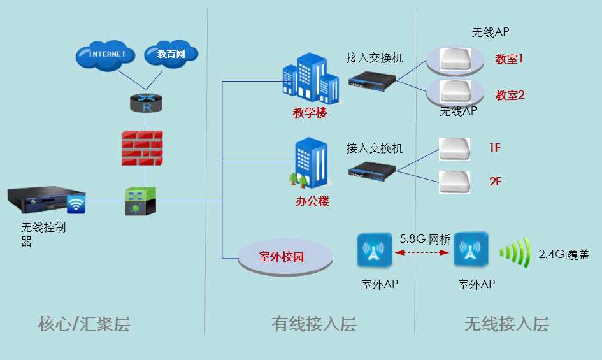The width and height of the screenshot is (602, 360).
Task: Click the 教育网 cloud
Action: point(171,55)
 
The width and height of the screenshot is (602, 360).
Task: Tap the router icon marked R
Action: point(146,103)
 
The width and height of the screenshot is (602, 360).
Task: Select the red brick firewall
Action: point(142,148)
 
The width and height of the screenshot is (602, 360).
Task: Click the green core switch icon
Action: point(140,201)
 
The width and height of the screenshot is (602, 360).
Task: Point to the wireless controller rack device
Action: point(47,201)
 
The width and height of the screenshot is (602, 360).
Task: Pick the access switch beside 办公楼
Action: point(372,169)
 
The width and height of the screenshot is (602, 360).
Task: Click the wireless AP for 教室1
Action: point(455,59)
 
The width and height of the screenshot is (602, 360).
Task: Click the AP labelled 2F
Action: point(454,182)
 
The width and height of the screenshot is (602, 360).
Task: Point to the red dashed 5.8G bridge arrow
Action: point(424,253)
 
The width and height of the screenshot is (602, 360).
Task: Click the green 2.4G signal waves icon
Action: point(515,253)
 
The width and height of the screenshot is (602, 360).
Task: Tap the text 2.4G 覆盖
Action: point(564,254)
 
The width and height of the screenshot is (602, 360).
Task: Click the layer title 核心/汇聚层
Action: point(84,324)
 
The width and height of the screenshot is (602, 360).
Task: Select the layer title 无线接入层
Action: point(506,324)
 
